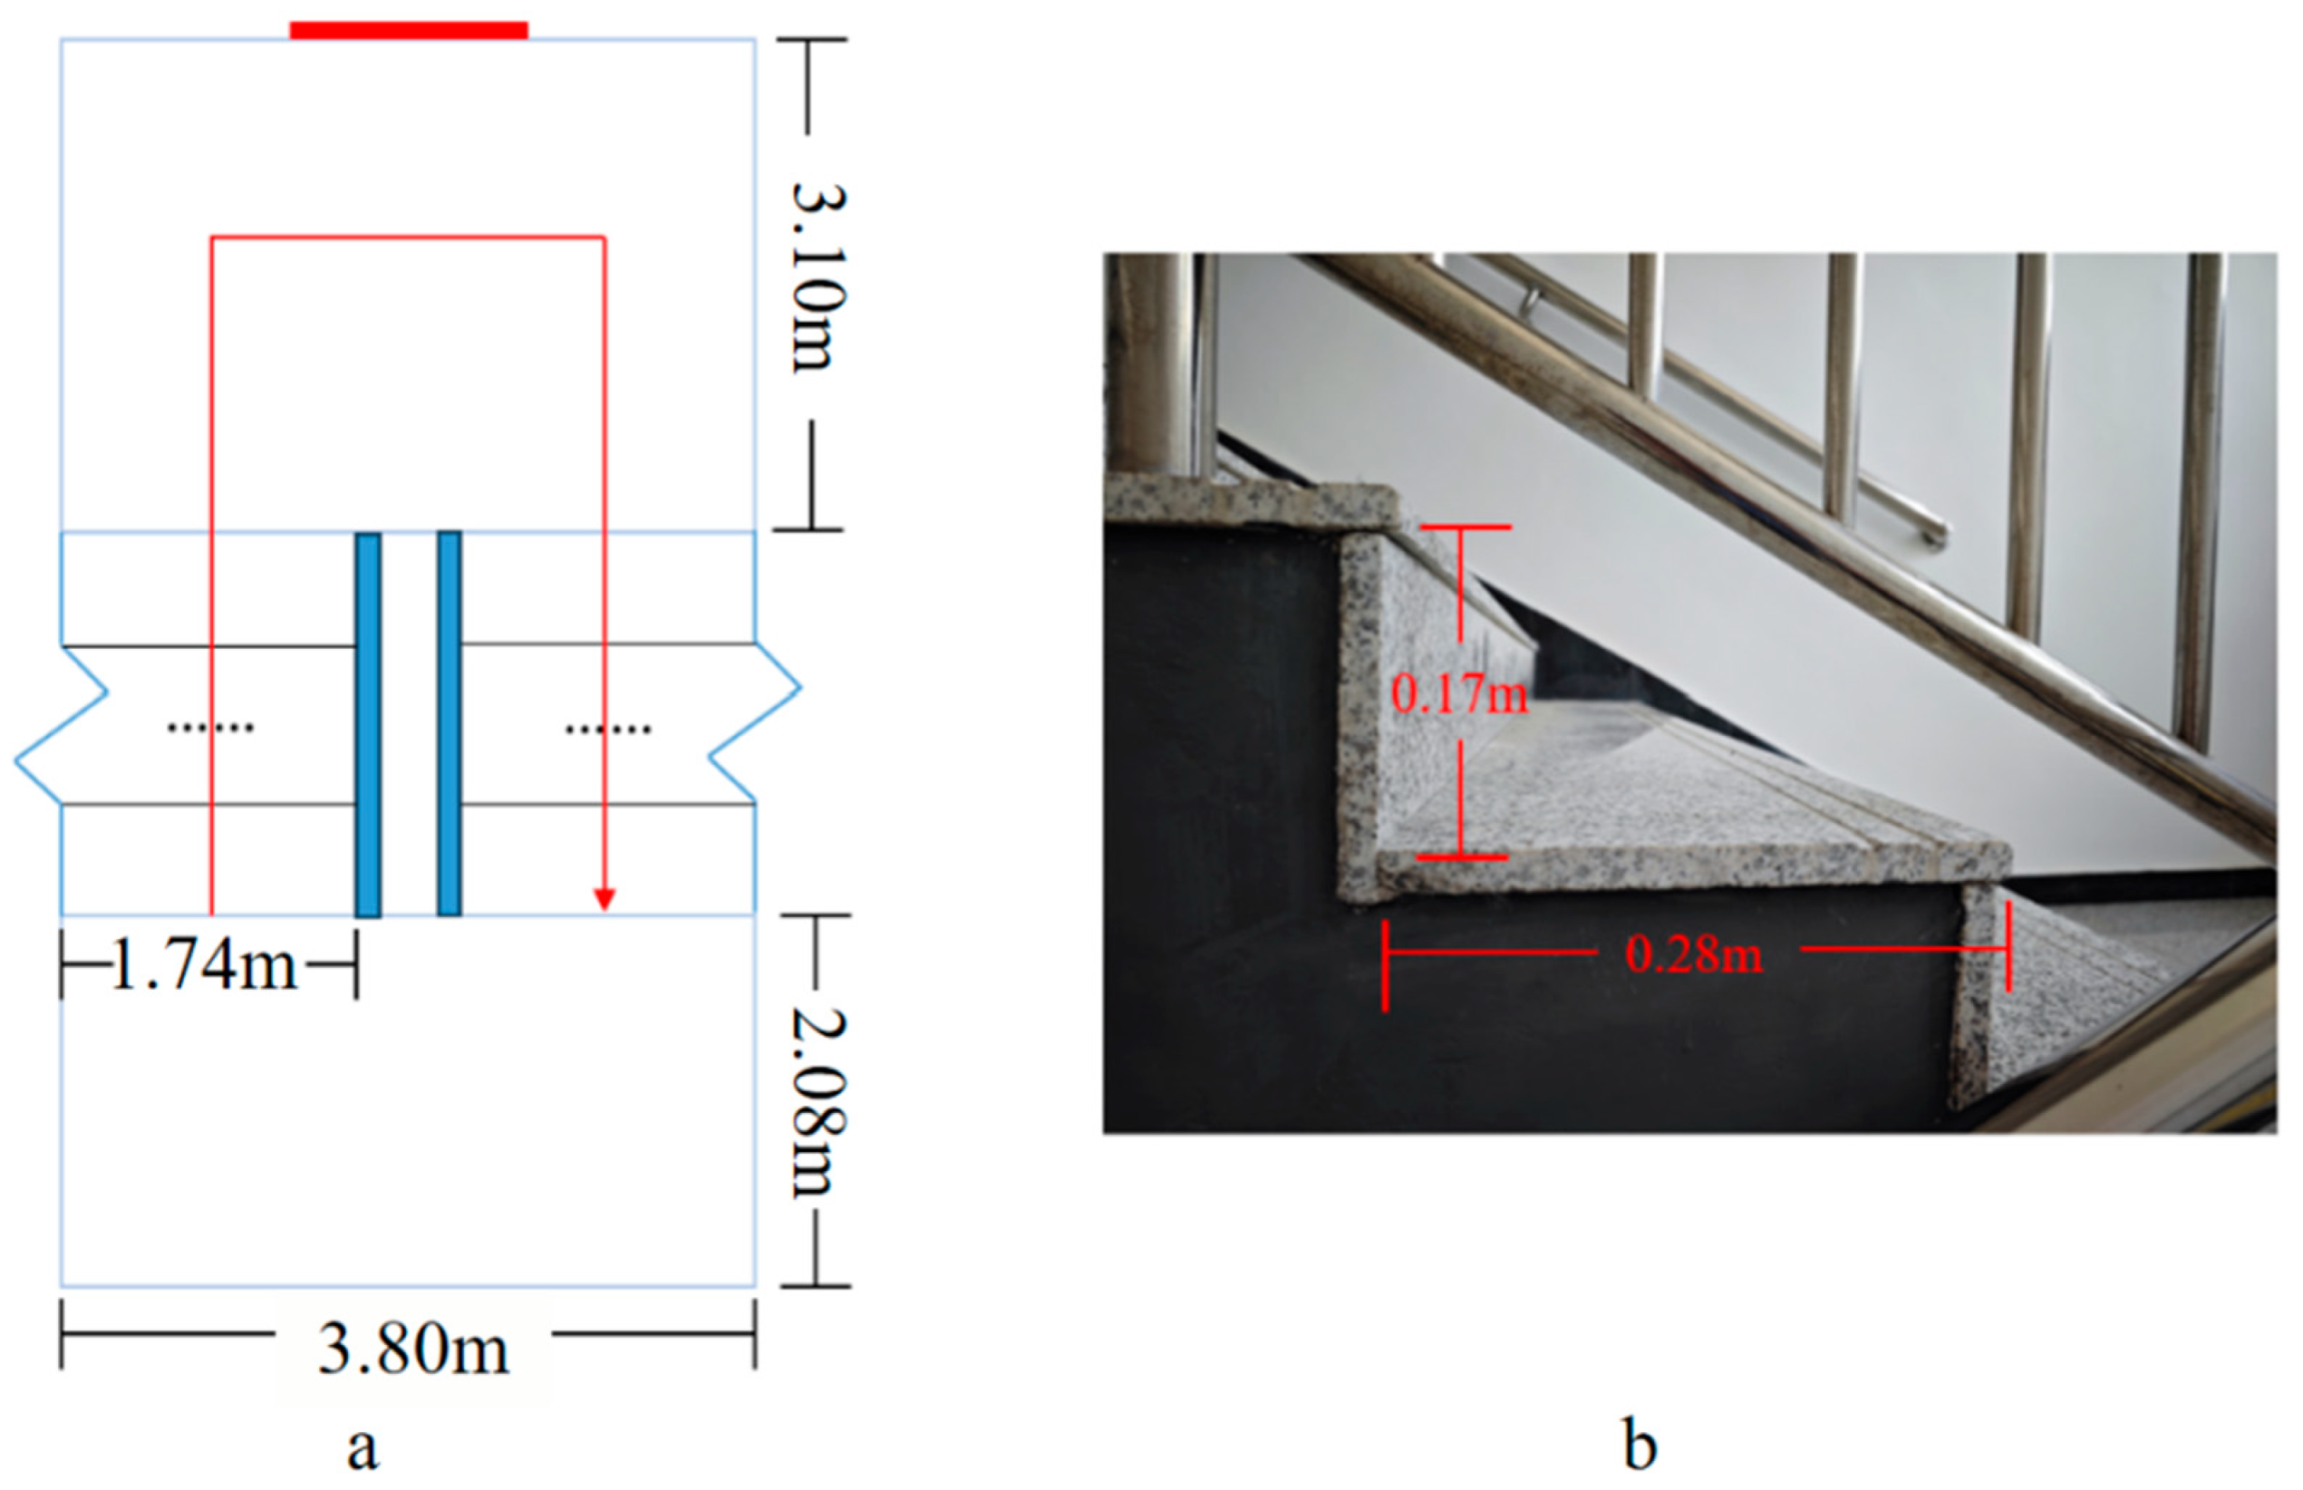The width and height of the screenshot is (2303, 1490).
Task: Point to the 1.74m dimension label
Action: [205, 965]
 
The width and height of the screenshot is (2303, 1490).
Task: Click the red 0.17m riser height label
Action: [1458, 693]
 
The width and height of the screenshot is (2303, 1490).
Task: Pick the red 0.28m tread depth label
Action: [1694, 955]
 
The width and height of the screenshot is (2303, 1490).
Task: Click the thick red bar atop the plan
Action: [408, 31]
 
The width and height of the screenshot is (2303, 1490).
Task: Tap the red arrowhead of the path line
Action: [605, 900]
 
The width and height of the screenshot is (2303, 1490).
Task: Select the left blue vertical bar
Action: [368, 724]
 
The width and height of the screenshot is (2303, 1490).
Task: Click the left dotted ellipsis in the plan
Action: [210, 728]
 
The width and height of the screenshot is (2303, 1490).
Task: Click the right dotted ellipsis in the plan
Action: [607, 729]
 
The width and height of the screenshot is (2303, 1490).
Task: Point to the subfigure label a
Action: [363, 1449]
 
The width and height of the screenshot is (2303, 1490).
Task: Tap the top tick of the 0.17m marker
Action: [1465, 527]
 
